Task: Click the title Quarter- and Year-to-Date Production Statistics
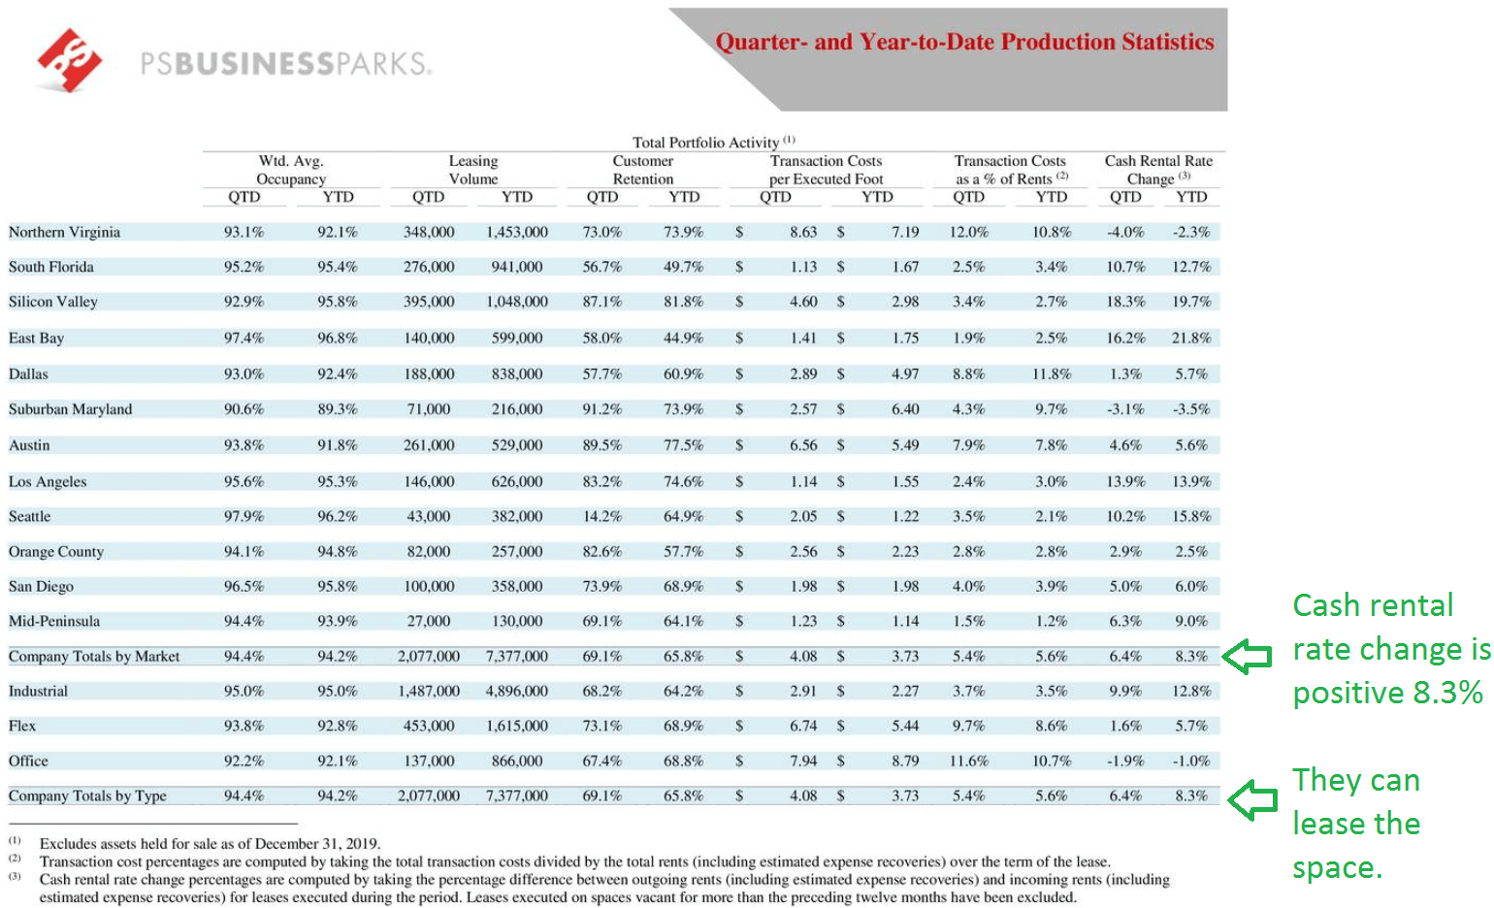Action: (964, 42)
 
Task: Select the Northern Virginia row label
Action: (64, 232)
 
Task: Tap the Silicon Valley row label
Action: (53, 302)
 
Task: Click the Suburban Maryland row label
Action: (70, 409)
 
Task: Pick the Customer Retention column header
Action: (642, 170)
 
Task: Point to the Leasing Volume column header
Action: (472, 170)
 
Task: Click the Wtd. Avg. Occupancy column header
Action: (291, 170)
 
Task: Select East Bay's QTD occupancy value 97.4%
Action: (244, 338)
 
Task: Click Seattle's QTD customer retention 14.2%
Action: (601, 516)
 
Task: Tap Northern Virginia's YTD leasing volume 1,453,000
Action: (517, 232)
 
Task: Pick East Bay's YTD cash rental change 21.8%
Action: (1191, 338)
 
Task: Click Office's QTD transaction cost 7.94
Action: (803, 761)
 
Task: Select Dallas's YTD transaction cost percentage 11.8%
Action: (1052, 373)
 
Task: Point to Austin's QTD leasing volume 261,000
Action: (429, 445)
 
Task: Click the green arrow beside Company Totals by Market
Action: (1247, 657)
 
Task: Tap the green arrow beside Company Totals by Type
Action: (1252, 800)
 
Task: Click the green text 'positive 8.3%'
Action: (1387, 693)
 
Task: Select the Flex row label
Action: (22, 726)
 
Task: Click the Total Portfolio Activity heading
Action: (706, 143)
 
